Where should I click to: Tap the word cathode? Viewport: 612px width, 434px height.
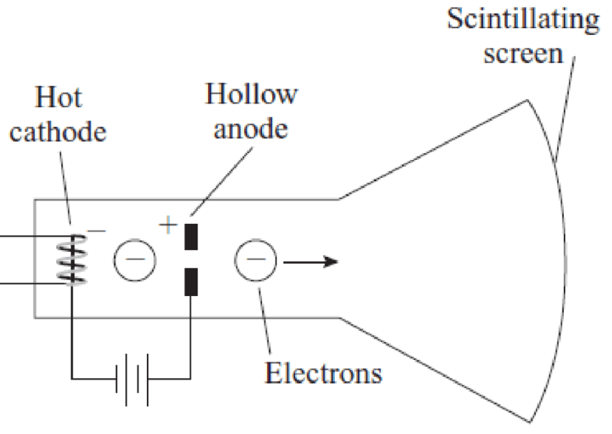58,131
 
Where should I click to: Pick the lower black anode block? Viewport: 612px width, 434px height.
191,282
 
